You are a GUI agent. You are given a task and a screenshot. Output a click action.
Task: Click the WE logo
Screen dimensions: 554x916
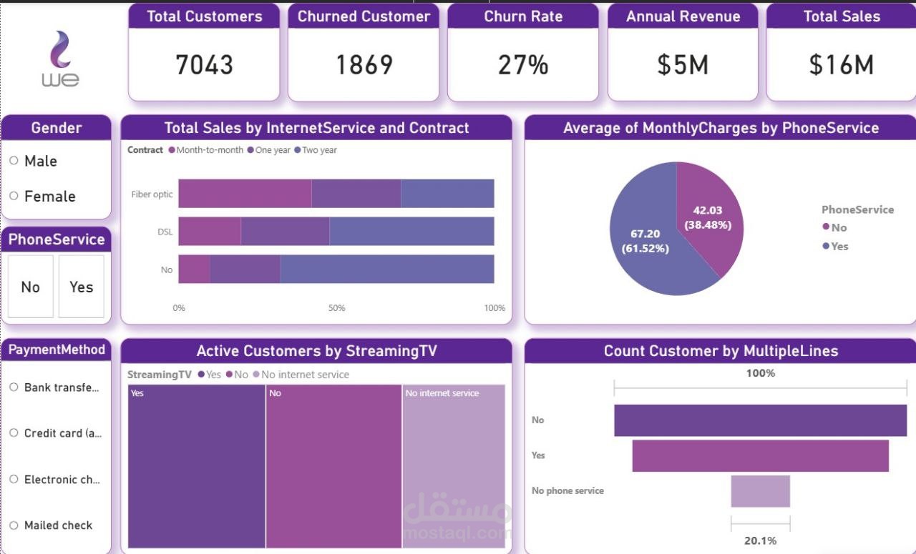[60, 60]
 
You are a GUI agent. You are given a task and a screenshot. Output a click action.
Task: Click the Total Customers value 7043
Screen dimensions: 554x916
[204, 65]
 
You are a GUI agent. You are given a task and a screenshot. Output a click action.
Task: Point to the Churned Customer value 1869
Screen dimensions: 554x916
[364, 65]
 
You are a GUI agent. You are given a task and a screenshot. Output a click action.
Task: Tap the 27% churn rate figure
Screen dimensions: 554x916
[523, 65]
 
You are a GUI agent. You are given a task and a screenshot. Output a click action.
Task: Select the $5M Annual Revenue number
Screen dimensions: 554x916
[683, 65]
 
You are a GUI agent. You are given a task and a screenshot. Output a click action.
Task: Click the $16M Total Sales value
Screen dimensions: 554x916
[841, 65]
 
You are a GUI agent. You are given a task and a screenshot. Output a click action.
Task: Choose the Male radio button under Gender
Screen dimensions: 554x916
[14, 161]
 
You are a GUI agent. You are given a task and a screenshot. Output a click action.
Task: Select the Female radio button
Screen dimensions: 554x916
[14, 196]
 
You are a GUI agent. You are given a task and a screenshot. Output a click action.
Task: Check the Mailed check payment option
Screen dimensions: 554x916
[14, 525]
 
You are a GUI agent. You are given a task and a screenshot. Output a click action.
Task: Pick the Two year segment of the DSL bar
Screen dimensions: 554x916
[411, 232]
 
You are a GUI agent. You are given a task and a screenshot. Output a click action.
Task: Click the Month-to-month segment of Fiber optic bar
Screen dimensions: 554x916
[245, 194]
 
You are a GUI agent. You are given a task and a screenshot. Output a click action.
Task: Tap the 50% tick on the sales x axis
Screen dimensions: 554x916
[336, 308]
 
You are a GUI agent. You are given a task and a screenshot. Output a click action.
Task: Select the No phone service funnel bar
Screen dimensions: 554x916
[760, 491]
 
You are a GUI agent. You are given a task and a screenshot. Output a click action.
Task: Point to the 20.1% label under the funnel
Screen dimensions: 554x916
[760, 540]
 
